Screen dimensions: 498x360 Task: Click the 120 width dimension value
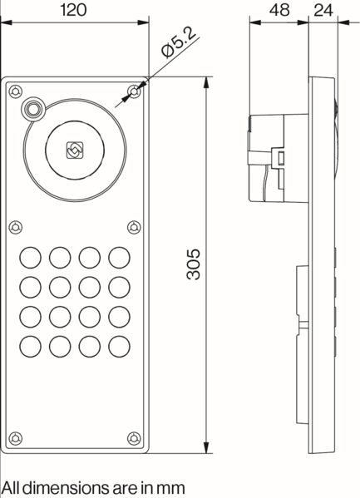coord(76,11)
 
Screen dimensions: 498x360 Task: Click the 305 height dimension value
coord(193,265)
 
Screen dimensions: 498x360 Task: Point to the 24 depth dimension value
coord(323,11)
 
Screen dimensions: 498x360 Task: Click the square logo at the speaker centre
coord(74,150)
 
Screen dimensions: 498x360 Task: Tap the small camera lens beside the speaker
coord(33,108)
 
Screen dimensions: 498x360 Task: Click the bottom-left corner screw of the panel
coord(17,438)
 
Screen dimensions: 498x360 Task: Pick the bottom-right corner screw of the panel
coord(134,438)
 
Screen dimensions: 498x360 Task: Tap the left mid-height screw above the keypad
coord(17,226)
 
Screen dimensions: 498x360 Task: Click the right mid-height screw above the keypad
coord(134,226)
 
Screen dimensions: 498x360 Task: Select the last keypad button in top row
coord(120,256)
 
